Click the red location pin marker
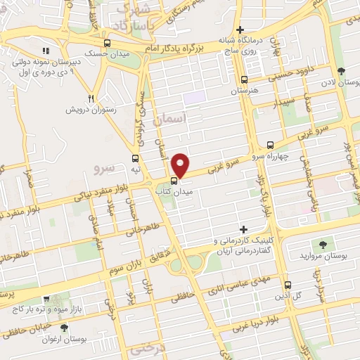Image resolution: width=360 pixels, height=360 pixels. tap(181, 165)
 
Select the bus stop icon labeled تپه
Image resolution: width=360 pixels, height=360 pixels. tap(135, 158)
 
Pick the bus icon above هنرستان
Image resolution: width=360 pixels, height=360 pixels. tap(244, 79)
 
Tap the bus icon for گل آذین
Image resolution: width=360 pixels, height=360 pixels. tap(288, 285)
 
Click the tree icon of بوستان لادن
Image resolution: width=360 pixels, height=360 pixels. tap(341, 71)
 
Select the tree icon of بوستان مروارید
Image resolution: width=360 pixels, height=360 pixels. tap(323, 244)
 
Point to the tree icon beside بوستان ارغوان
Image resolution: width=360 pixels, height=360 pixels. tap(64, 328)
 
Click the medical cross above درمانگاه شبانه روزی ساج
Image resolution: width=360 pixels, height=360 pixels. tap(240, 30)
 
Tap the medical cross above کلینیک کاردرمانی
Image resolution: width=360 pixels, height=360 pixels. tap(244, 229)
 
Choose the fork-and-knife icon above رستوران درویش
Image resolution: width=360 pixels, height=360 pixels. tap(91, 98)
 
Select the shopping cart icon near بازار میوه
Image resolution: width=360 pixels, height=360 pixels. tap(46, 300)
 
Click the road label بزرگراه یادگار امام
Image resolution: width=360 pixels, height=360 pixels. tap(182, 46)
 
